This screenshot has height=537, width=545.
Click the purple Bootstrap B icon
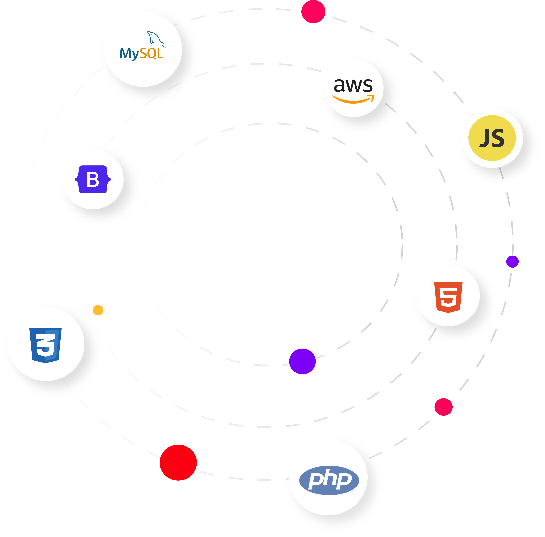pos(93,179)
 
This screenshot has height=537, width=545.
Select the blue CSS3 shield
pos(45,345)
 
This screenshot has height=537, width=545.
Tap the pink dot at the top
pos(313,12)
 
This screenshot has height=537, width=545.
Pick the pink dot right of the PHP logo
pos(443,407)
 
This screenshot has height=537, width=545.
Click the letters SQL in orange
pos(151,53)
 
